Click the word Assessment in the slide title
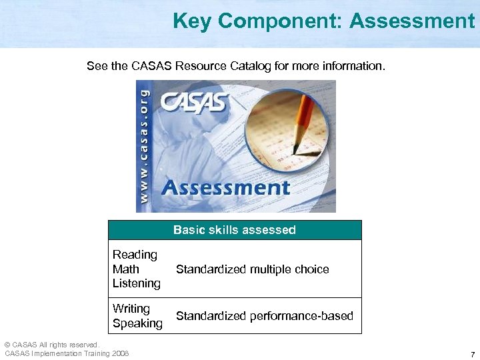411,21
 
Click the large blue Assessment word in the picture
226,187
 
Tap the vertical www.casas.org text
145,146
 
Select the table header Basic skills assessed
235,230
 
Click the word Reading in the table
135,255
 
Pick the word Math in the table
126,269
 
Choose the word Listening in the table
137,283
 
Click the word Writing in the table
131,309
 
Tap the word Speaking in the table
137,323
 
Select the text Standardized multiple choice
252,269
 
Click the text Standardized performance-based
264,316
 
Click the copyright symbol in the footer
7,345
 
